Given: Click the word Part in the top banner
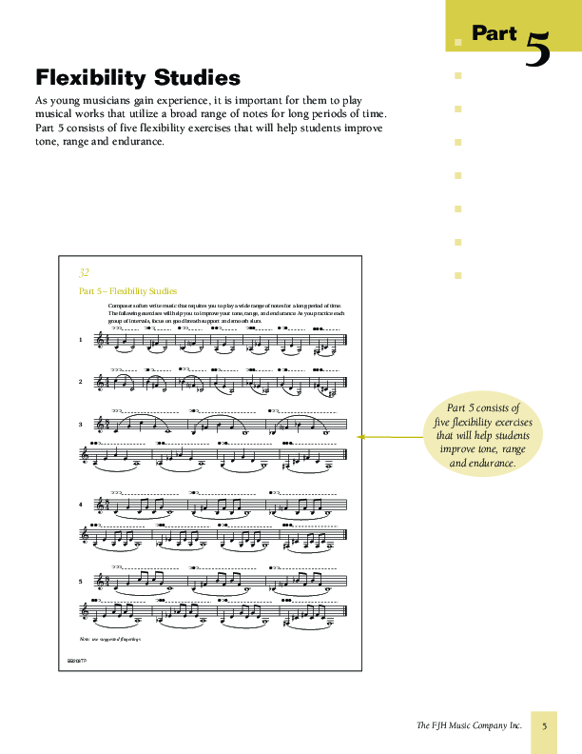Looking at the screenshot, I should click(x=495, y=33).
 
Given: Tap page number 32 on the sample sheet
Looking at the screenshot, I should click(x=85, y=272).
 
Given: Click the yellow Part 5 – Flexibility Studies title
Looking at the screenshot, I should click(x=128, y=291).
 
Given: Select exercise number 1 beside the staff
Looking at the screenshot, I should click(x=80, y=340).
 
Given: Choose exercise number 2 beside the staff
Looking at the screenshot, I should click(x=80, y=382).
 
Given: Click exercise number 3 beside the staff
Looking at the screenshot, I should click(x=80, y=425).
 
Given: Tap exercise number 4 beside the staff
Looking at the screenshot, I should click(x=80, y=504).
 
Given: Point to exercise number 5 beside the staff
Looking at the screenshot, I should click(x=80, y=581).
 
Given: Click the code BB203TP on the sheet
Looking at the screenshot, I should click(x=76, y=659).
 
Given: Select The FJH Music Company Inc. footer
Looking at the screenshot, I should click(x=470, y=725).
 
